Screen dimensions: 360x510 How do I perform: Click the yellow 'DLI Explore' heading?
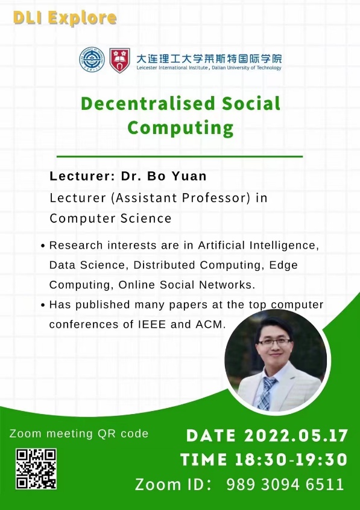click(65, 18)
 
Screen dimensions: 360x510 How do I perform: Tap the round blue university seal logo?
click(92, 60)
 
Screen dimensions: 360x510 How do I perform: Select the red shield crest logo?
click(119, 60)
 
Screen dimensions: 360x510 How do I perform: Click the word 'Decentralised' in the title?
click(148, 104)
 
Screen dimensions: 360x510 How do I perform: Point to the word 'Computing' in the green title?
click(180, 128)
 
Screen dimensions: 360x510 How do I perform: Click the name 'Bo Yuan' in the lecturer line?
click(177, 176)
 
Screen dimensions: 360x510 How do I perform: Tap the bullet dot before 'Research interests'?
click(43, 246)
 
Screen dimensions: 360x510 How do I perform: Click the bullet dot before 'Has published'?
click(43, 305)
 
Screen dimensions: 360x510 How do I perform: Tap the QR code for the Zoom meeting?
click(36, 468)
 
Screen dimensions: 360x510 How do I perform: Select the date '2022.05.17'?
click(296, 436)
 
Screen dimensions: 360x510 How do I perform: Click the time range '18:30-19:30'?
click(291, 459)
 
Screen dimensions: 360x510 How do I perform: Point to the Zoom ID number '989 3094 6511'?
click(285, 484)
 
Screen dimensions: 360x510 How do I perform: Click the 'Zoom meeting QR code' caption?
click(79, 433)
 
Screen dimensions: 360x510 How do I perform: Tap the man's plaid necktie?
click(266, 393)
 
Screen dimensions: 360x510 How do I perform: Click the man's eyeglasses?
click(274, 342)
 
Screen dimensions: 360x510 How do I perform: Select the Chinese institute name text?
click(209, 59)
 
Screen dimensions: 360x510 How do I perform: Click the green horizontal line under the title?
click(180, 156)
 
